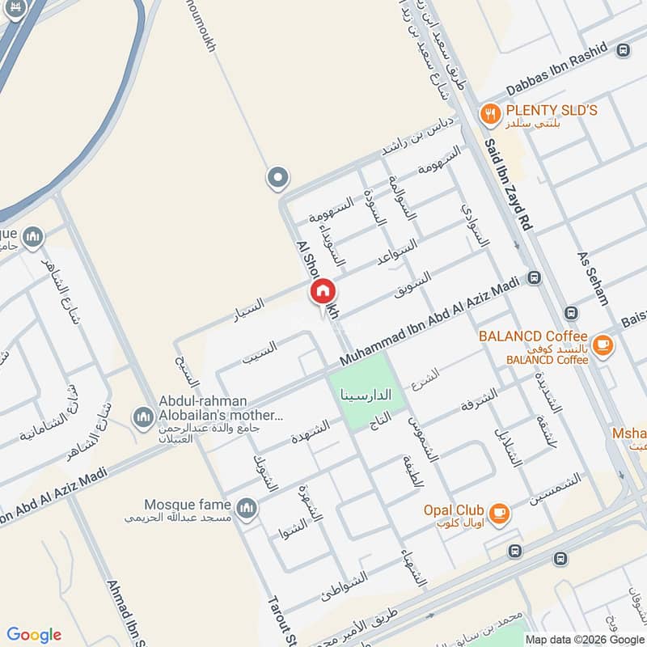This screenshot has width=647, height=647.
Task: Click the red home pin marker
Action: pyautogui.click(x=322, y=291)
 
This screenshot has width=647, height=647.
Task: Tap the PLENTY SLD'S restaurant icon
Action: pyautogui.click(x=489, y=114)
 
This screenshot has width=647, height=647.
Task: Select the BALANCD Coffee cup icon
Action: pyautogui.click(x=601, y=345)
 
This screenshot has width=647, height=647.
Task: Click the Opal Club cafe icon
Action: pyautogui.click(x=500, y=511)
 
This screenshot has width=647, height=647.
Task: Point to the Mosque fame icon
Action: pyautogui.click(x=247, y=508)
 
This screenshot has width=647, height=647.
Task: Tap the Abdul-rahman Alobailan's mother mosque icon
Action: pyautogui.click(x=143, y=417)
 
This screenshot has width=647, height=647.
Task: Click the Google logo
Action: pyautogui.click(x=34, y=635)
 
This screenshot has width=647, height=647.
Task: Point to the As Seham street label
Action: pyautogui.click(x=593, y=277)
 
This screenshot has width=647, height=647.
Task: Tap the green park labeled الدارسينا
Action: pyautogui.click(x=369, y=397)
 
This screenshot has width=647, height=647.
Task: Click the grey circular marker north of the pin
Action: pyautogui.click(x=277, y=178)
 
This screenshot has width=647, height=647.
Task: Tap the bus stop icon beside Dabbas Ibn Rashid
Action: pyautogui.click(x=623, y=50)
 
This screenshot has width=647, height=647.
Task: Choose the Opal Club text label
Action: pyautogui.click(x=454, y=510)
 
